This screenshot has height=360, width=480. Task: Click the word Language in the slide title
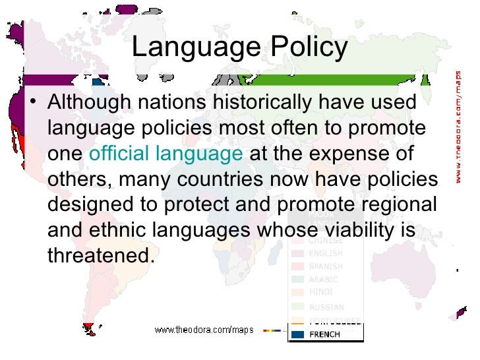tap(192, 48)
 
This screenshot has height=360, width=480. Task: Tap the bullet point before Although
tap(35, 104)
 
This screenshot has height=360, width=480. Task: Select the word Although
tap(90, 104)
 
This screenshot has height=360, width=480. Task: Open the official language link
tap(165, 154)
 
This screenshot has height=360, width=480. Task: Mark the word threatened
tap(100, 255)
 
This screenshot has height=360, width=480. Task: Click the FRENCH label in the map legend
tap(325, 334)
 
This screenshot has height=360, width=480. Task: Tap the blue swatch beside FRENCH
tap(298, 334)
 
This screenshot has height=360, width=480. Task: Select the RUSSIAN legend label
tap(326, 307)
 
